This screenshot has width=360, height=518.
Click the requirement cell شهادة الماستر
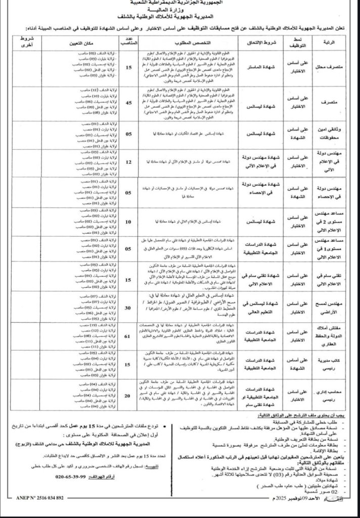coord(261,67)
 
